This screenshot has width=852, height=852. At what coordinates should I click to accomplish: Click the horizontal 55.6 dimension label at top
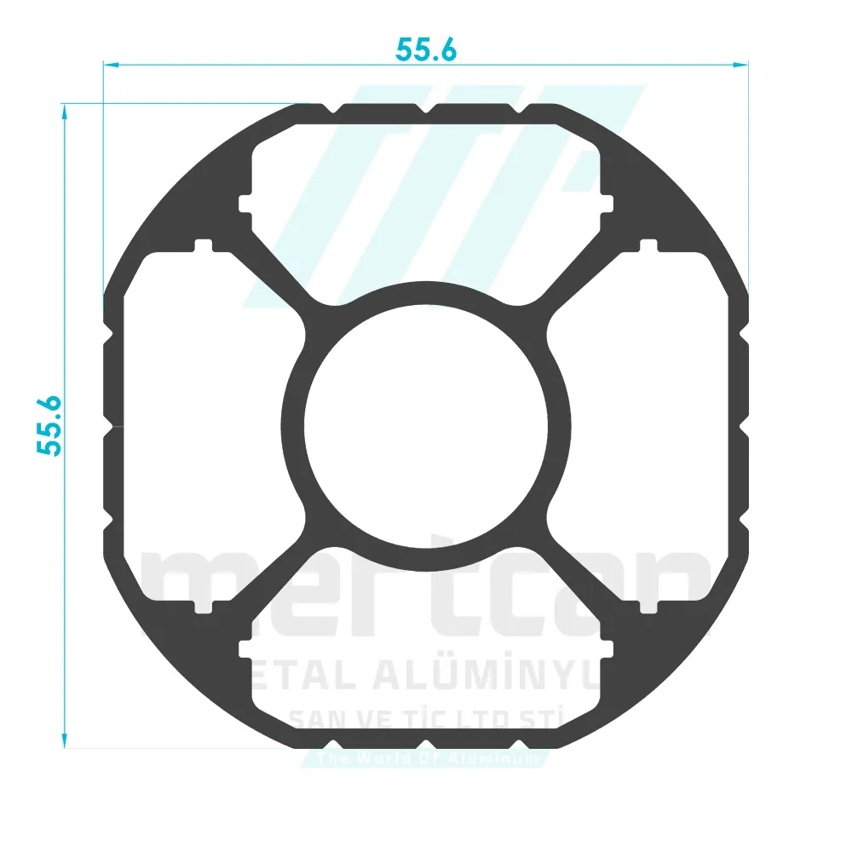[426, 50]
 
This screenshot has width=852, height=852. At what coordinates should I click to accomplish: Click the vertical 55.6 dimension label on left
[50, 425]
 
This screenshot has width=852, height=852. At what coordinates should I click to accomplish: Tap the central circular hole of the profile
[426, 426]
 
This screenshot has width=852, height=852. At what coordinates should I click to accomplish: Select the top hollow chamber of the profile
[426, 204]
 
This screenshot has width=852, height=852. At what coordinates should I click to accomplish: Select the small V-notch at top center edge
[426, 109]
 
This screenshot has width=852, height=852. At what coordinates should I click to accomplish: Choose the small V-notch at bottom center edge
[426, 744]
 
